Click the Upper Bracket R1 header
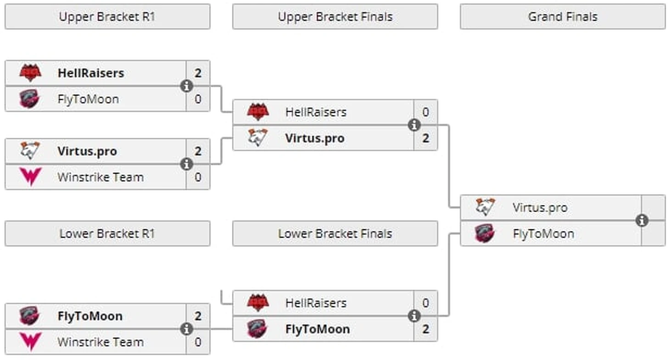click(107, 17)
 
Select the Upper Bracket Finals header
click(335, 17)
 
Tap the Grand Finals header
click(563, 17)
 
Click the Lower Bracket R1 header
click(107, 234)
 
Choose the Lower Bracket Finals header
click(335, 234)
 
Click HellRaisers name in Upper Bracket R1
click(91, 73)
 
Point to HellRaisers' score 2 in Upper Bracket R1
click(198, 73)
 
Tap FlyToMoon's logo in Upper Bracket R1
click(30, 99)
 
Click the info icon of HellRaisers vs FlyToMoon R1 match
click(186, 86)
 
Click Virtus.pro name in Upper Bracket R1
click(87, 151)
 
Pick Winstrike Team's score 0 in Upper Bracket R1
click(198, 177)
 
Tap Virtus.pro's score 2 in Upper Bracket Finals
click(425, 138)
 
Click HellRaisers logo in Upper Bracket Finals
click(258, 112)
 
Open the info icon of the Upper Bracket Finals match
click(414, 125)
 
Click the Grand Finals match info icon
click(642, 220)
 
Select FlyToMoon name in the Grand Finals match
click(543, 234)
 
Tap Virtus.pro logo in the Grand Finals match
click(486, 208)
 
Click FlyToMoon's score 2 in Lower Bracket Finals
click(425, 329)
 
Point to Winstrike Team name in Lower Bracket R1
click(100, 342)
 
